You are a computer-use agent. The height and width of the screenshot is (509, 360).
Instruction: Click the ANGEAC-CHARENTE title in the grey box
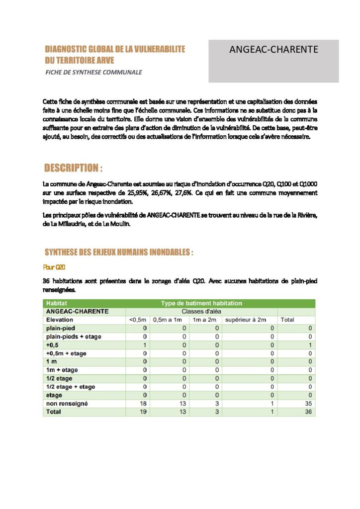[273, 50]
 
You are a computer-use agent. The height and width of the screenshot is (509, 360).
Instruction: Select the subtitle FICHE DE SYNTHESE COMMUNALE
[93, 73]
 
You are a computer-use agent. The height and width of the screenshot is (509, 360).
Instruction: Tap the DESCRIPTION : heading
[74, 167]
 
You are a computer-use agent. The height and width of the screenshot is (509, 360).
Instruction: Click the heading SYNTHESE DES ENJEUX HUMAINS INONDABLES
[119, 253]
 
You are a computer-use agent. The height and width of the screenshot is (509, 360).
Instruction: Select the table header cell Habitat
[57, 303]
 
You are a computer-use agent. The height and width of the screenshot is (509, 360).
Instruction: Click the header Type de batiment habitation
[201, 303]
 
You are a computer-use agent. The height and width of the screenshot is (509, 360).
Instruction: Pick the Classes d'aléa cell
[201, 311]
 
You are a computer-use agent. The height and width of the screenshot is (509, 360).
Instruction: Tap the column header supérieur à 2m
[246, 320]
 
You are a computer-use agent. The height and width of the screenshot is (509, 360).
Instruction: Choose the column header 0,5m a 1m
[169, 320]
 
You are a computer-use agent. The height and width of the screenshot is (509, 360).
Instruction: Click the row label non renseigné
[67, 404]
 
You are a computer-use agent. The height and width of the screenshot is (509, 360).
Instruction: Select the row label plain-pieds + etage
[73, 337]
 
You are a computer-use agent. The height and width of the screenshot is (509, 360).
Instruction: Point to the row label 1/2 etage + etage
[70, 387]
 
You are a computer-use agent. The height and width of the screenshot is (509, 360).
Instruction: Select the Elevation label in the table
[59, 320]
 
